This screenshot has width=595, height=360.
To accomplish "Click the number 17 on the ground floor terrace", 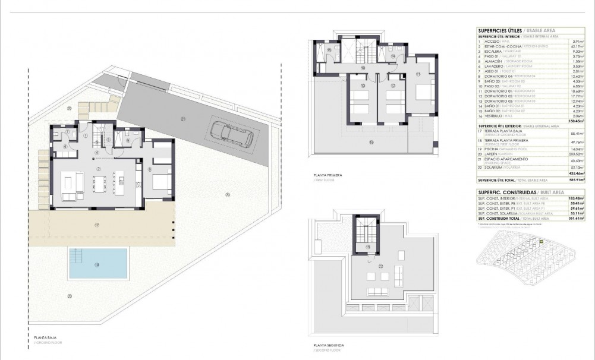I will tap(97, 225).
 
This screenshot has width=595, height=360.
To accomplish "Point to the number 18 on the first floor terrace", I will tap(372, 142).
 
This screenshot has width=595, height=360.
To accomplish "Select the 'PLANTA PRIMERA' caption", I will tap(326, 176).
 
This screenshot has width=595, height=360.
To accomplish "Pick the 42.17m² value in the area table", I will tap(576, 46).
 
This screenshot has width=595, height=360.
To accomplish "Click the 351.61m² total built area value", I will tap(574, 218).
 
